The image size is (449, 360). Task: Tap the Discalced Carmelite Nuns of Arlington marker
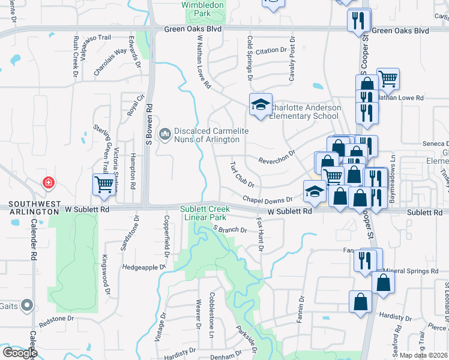tap(164, 133)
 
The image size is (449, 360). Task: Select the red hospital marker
tap(47, 182)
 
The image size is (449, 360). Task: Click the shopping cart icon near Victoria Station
tap(104, 185)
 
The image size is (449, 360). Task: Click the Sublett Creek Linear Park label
tap(203, 212)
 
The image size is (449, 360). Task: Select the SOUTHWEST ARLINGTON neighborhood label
tap(29, 205)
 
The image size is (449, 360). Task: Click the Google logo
tap(19, 353)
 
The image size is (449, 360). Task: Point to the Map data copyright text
tap(424, 355)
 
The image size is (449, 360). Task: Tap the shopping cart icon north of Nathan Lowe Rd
tap(388, 79)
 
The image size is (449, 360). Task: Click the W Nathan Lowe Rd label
tap(203, 62)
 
